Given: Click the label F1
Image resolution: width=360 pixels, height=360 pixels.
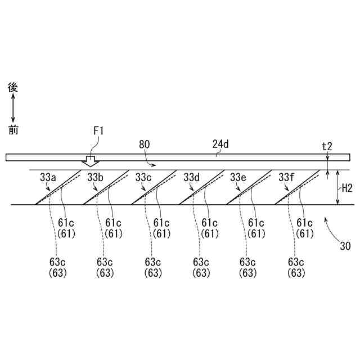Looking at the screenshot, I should (98, 131).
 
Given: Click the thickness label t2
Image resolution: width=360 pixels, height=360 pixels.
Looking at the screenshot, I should (327, 146).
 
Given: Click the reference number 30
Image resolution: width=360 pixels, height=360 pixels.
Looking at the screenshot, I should (345, 245).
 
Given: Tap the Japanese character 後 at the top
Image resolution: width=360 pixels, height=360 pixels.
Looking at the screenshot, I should (13, 88).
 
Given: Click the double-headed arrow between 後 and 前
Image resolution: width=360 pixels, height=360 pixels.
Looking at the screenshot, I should (13, 109).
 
